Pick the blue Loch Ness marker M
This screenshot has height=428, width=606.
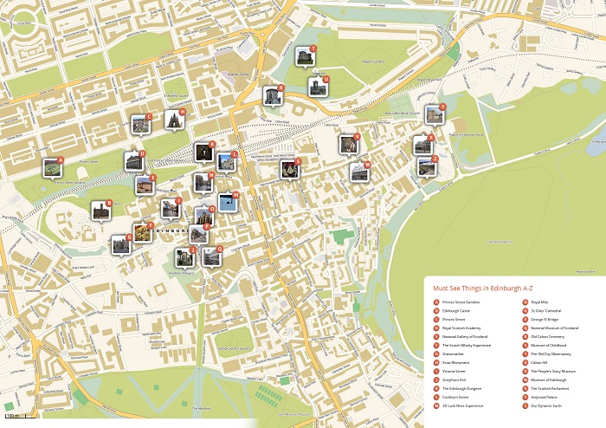[227, 201]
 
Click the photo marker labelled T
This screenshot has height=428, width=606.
[304, 56]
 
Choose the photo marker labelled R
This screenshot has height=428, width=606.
[274, 94]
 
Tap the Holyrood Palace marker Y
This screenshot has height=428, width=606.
[434, 114]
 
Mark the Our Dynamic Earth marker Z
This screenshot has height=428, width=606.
[426, 165]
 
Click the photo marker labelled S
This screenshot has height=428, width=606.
[290, 168]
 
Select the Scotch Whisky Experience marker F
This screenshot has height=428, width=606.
[143, 231]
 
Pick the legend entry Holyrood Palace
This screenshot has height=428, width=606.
[546, 397]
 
